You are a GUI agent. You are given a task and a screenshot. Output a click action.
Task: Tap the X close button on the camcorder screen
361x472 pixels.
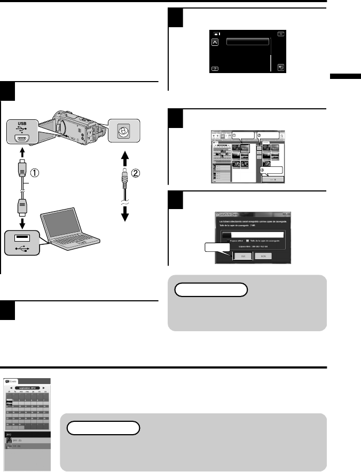coord(281,33)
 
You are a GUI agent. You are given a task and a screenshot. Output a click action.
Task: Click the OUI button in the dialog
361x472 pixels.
coord(243,255)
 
